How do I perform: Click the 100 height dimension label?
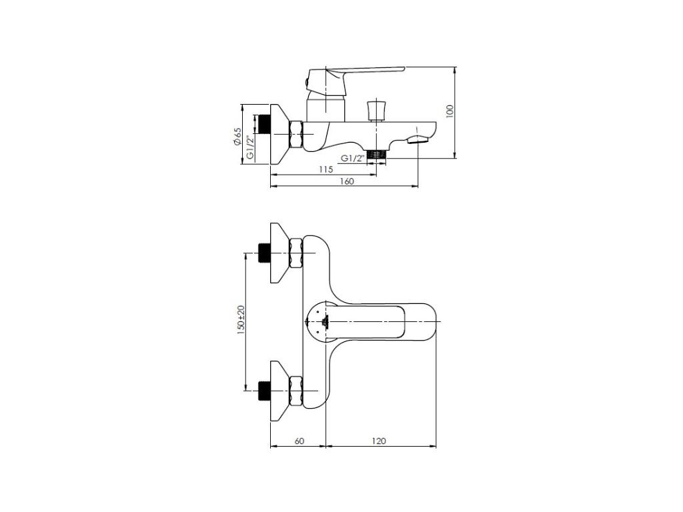(x=450, y=111)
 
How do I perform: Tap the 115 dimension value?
(x=326, y=169)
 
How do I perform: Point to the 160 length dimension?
(x=347, y=181)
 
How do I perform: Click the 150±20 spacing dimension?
(x=241, y=320)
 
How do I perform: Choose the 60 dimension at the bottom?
(x=299, y=441)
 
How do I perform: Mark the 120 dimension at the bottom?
(x=379, y=441)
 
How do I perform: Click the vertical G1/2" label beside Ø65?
(x=250, y=147)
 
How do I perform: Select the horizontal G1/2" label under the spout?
(x=352, y=159)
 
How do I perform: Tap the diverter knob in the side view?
(x=377, y=111)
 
